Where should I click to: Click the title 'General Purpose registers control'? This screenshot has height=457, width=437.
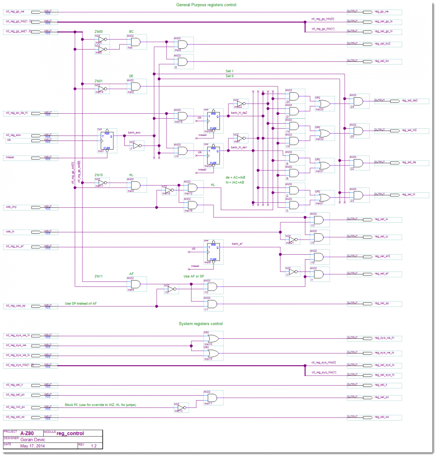[206, 5]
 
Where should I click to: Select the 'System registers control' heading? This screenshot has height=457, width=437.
[200, 324]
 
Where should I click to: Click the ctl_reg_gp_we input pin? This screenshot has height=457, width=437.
[30, 12]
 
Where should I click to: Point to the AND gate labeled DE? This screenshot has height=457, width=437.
[135, 86]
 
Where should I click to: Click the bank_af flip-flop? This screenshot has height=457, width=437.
[212, 251]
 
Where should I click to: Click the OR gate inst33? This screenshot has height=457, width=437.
[325, 103]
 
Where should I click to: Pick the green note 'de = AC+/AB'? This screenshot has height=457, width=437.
[235, 177]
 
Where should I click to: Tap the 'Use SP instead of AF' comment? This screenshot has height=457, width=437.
[81, 303]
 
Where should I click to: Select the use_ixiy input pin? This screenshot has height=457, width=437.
[30, 207]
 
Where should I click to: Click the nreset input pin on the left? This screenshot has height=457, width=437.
[30, 158]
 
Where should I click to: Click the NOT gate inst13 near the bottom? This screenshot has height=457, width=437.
[181, 407]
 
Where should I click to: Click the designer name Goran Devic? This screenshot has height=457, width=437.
[33, 439]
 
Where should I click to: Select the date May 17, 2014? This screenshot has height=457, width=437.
[33, 446]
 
